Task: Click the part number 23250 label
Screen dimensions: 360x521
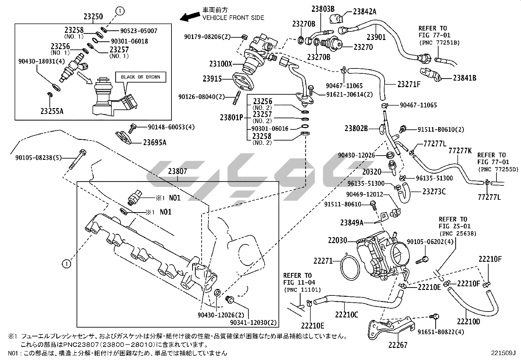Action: tap(93, 17)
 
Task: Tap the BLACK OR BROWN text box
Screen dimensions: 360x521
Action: tap(140, 77)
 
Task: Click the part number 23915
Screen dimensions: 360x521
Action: tap(212, 79)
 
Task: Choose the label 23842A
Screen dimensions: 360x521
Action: tap(365, 12)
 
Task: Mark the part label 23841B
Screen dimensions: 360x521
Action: tap(464, 78)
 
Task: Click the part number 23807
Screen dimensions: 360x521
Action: tap(178, 171)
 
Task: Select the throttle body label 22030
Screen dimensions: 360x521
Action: tap(337, 240)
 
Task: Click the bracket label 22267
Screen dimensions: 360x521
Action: tap(398, 345)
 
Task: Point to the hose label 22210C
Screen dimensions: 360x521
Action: tap(347, 314)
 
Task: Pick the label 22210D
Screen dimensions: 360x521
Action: tap(468, 321)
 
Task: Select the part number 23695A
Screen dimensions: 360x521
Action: tap(154, 142)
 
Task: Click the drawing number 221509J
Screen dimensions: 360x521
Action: tap(503, 353)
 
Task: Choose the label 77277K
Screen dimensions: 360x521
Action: tap(460, 150)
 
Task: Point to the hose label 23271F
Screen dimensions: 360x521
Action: tap(409, 84)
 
